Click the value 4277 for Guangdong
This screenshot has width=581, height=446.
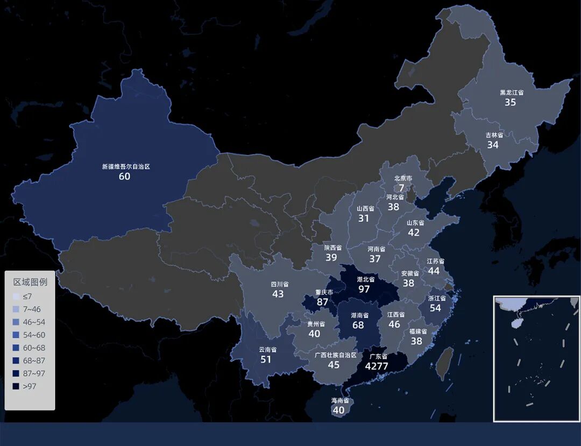point(377,366)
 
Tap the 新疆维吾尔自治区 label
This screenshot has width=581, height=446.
point(126,167)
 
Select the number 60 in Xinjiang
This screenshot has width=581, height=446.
point(124,176)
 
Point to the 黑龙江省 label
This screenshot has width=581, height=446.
point(511,93)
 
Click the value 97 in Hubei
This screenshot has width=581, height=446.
point(364,289)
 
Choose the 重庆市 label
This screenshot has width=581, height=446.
point(324,293)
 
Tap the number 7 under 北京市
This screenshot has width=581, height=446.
point(401,188)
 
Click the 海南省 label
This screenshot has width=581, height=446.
point(339,401)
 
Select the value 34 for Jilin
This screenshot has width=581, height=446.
point(493,145)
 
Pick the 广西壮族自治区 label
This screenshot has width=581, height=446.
point(336,355)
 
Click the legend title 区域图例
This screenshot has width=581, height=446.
point(30,282)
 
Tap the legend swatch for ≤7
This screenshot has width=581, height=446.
point(16,296)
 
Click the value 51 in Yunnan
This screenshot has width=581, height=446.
point(266,359)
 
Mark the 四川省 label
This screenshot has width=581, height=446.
point(279,284)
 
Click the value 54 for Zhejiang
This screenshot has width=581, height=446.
point(435,308)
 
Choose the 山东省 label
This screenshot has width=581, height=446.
point(415,223)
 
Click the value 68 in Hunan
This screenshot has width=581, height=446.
point(358,325)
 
